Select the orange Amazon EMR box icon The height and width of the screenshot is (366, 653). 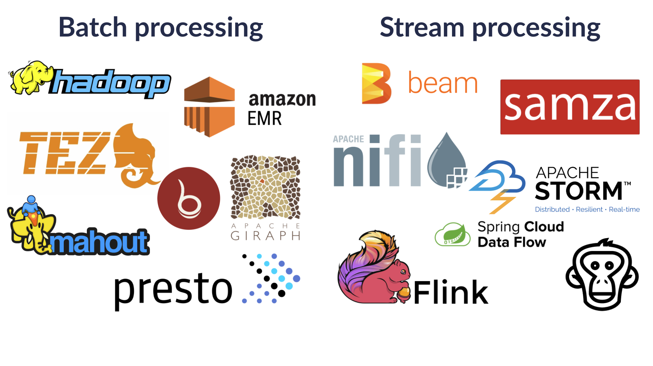tap(209, 107)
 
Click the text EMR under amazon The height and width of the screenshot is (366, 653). tap(265, 118)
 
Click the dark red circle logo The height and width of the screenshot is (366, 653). tap(189, 199)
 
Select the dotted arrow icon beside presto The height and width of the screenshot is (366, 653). tap(271, 278)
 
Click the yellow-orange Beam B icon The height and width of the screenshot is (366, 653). tap(376, 83)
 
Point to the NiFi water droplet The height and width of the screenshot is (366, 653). tap(446, 159)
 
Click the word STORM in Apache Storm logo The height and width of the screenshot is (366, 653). tap(579, 191)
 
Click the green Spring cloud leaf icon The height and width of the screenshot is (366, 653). tap(453, 234)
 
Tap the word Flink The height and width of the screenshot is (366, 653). tap(451, 293)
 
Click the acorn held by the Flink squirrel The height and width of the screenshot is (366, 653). tap(404, 293)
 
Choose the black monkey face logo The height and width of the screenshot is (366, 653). tap(602, 275)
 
